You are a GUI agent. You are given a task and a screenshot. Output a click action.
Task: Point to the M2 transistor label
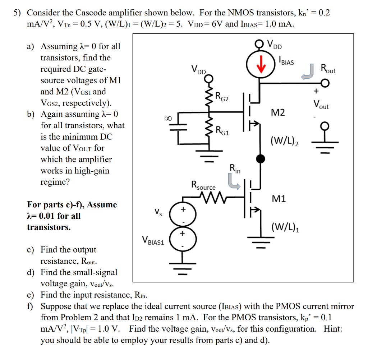pyautogui.click(x=278, y=113)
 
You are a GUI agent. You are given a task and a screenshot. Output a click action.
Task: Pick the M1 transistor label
pyautogui.click(x=279, y=198)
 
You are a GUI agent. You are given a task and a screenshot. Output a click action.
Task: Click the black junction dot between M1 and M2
pyautogui.click(x=260, y=158)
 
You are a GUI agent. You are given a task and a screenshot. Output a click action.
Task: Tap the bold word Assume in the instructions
pyautogui.click(x=102, y=205)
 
